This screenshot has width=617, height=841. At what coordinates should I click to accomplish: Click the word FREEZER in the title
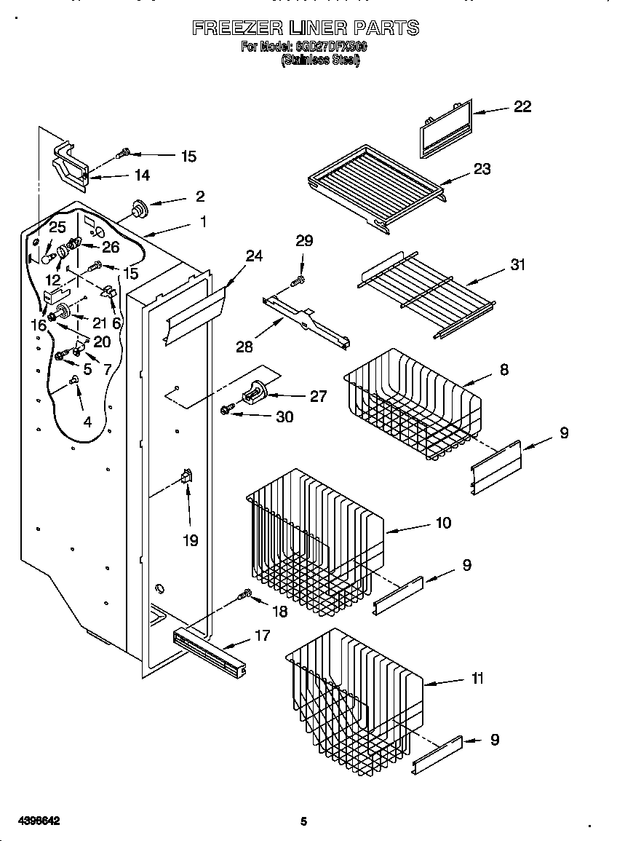point(238,28)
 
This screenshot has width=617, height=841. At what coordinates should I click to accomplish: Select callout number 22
point(522,106)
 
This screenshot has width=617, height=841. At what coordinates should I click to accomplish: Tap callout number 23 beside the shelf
point(482,169)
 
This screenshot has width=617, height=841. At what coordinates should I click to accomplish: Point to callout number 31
point(517,264)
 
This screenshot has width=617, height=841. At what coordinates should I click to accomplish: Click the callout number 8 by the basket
point(503,370)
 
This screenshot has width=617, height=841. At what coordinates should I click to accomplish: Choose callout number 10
point(443,523)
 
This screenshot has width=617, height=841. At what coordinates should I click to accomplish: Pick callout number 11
point(477,679)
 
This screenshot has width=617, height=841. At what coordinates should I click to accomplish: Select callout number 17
point(262,636)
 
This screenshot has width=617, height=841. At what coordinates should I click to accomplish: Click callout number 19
point(189,541)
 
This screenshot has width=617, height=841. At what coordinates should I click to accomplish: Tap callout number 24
point(254,256)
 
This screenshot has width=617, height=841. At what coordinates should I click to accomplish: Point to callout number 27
point(318,396)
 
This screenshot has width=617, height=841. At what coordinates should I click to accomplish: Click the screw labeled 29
point(298,280)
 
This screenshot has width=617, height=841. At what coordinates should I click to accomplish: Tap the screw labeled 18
point(246,596)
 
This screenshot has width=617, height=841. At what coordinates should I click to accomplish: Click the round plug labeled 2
point(138,209)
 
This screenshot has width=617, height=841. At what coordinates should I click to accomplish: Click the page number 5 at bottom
point(304,821)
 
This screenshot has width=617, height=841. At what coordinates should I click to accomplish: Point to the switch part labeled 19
point(186,477)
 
